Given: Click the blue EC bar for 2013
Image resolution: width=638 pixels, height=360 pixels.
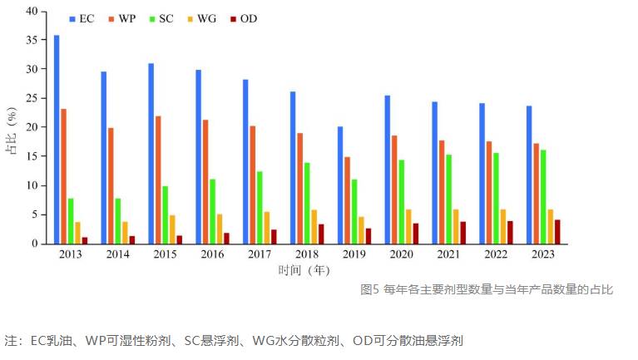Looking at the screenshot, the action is coord(57,140).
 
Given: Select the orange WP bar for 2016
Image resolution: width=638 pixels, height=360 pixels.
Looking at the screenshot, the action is coord(205,182).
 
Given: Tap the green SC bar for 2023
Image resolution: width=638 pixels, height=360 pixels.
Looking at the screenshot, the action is coord(543,197).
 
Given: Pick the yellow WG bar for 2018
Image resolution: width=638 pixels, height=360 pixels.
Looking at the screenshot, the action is coord(314,227).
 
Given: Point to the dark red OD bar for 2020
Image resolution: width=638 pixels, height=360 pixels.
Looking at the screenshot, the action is coord(416,234).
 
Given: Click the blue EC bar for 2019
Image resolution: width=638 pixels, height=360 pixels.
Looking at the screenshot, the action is coord(340,185).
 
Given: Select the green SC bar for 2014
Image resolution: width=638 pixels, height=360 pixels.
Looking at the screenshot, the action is coord(118,221).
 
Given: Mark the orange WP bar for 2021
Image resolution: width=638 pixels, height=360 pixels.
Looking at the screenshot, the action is coord(442,192).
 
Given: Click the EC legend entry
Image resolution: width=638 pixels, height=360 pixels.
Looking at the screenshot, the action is coord(82,19).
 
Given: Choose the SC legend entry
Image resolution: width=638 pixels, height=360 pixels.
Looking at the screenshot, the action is coord(161,19).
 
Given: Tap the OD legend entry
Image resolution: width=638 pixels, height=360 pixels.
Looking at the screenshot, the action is coord(244,19).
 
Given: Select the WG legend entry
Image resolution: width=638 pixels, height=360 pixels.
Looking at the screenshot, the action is coord(202,19).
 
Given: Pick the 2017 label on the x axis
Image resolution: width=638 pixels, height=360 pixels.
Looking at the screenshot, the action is coord(260,254).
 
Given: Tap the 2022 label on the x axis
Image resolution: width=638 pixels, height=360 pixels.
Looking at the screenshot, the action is coord(496,254).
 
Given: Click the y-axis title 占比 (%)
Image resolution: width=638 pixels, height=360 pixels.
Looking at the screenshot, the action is coord(12,131).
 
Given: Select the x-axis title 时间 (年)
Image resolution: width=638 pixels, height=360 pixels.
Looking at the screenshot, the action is coord(304,270).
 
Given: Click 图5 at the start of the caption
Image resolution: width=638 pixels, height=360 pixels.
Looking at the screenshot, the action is coord(369,289).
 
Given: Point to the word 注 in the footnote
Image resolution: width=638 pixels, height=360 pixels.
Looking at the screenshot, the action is coord(11,340).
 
